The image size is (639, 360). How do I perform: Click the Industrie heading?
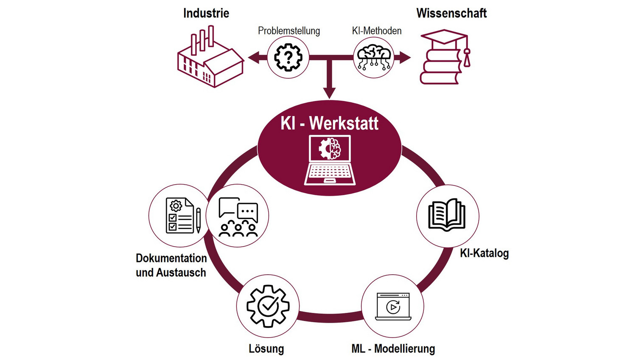coord(206,14)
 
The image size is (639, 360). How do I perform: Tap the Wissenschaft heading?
coord(451,14)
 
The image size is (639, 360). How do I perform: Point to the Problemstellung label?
coord(289,31)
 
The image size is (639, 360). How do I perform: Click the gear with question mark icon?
coord(288,57)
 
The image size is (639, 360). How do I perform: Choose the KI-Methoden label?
coord(376,31)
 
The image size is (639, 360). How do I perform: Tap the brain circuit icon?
coord(374,57)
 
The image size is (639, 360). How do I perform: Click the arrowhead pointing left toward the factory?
coord(253,57)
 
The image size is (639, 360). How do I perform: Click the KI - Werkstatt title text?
coord(329,124)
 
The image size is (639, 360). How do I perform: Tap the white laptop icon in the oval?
coord(330,160)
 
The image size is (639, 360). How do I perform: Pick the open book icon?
coord(447,215)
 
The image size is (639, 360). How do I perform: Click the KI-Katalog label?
coord(484,253)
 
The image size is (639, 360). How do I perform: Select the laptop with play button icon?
coord(393,306)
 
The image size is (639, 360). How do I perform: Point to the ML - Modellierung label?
coord(393,349)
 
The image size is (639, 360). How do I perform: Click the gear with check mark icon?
coord(268,306)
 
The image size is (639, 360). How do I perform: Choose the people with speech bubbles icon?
coord(238,217)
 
